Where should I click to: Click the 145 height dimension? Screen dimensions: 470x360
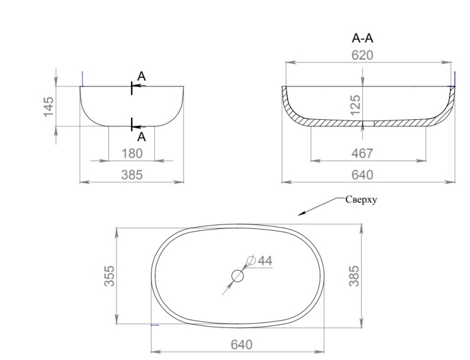pos(48,107)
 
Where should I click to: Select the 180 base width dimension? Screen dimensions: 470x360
pos(132,154)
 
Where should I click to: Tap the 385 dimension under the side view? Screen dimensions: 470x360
pos(132,175)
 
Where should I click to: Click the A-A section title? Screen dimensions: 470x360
pos(362,38)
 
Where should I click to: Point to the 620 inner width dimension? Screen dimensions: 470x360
pos(362,55)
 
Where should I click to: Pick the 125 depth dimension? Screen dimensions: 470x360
pos(355,105)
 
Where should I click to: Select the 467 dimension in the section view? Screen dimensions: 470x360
pos(362,154)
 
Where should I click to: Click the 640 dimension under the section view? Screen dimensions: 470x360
pos(362,175)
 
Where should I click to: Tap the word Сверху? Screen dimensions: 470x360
pos(361,200)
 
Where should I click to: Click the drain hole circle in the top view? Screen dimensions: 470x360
pos(238,276)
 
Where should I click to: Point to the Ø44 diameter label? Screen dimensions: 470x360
pos(259,261)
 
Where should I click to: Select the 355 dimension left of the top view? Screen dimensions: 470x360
pos(110,276)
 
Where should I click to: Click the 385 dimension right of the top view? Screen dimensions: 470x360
pos(354,276)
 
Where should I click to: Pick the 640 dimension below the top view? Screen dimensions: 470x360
pos(242,345)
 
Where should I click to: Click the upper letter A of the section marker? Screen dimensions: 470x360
pos(142,77)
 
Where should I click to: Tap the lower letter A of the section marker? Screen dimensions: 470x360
pos(142,137)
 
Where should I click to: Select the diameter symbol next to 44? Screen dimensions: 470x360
pos(251,260)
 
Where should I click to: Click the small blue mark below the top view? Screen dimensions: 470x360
pos(155,325)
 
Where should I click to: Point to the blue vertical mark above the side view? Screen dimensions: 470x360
pos(82,78)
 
